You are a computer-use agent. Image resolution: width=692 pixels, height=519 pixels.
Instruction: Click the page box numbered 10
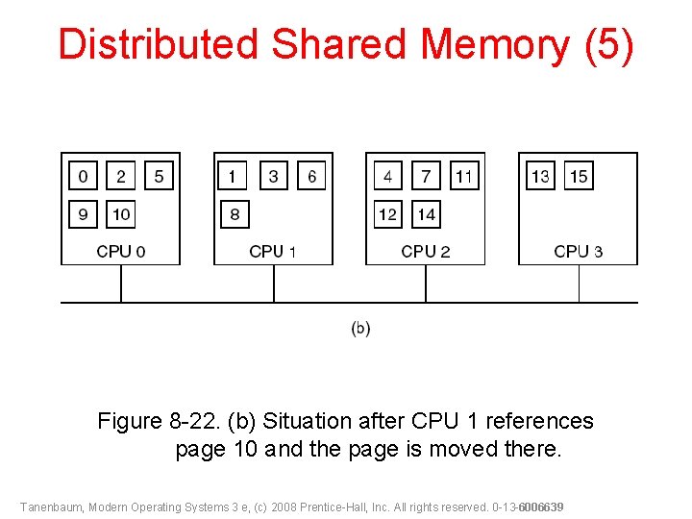(x=120, y=214)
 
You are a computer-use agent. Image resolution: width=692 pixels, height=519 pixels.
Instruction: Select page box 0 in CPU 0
(x=83, y=176)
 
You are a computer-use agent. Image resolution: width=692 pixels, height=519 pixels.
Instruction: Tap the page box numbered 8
(x=235, y=214)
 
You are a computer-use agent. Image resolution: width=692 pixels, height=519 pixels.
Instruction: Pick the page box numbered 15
(x=579, y=176)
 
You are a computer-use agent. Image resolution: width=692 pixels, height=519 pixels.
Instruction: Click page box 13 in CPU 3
(x=540, y=176)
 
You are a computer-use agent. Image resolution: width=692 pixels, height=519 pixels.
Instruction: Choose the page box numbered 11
(x=464, y=176)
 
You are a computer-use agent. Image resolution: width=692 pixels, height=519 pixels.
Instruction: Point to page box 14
(x=427, y=214)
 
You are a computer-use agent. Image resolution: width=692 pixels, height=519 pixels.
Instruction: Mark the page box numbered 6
(x=311, y=176)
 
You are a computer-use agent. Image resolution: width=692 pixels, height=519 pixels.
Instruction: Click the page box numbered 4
(x=388, y=176)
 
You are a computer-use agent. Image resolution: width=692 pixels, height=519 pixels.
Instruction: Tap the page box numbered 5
(x=159, y=176)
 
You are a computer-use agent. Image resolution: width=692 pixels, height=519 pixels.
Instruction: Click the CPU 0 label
(x=121, y=252)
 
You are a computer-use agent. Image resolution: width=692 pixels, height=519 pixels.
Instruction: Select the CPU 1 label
(x=272, y=252)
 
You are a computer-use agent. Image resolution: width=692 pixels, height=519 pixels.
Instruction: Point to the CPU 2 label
(x=426, y=252)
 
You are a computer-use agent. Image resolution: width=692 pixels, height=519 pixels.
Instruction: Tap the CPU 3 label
(x=579, y=252)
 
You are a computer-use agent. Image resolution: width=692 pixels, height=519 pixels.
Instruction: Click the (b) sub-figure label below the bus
(x=360, y=329)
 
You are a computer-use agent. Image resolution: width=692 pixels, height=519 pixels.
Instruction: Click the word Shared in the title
(x=338, y=43)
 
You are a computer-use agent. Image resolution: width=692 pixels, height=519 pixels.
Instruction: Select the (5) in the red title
(x=609, y=45)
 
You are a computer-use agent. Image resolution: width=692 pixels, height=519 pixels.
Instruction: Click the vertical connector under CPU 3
(x=579, y=284)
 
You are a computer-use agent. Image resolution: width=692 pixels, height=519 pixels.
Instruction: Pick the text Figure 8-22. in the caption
(x=159, y=421)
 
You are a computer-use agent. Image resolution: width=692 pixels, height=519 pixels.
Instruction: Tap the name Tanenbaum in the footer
(x=51, y=507)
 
